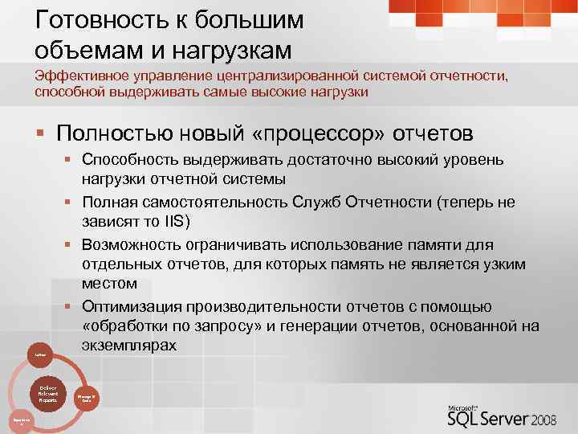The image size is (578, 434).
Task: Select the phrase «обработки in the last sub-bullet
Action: coord(121,326)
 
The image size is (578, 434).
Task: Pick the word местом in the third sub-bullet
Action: coord(109,283)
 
